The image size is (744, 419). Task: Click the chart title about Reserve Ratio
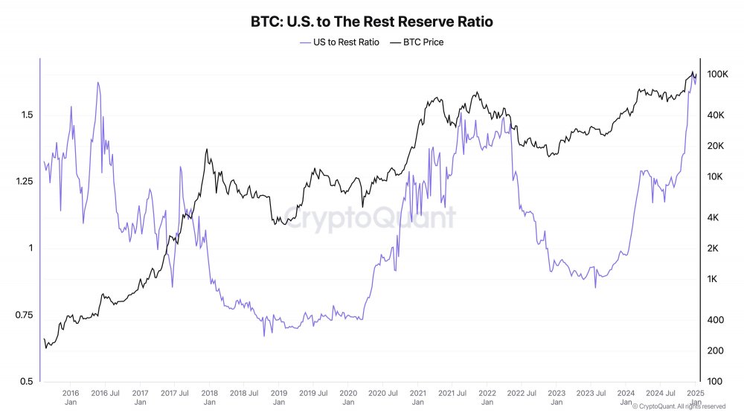click(372, 22)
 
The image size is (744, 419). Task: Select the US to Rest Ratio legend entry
click(339, 42)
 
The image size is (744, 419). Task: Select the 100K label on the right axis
click(717, 74)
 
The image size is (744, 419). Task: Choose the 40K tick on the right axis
click(716, 115)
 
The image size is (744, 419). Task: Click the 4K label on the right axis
click(713, 217)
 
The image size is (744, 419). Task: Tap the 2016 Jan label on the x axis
click(71, 397)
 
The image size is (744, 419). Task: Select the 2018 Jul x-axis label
click(243, 392)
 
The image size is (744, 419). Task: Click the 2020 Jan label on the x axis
click(348, 397)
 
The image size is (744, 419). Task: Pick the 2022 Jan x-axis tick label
click(487, 397)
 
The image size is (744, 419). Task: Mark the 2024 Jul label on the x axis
click(660, 392)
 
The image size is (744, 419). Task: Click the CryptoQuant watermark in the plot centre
click(370, 219)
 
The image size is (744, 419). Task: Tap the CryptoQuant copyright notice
click(679, 406)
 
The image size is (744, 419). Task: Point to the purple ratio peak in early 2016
click(97, 83)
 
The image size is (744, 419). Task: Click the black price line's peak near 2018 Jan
click(206, 150)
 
